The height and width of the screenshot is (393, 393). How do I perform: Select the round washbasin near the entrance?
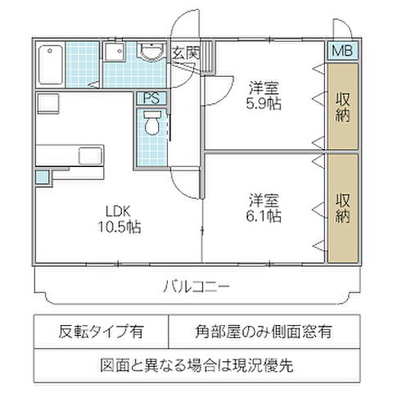(x=151, y=53)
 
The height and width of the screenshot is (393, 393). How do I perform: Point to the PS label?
(x=151, y=97)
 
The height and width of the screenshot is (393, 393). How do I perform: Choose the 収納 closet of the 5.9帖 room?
(x=342, y=106)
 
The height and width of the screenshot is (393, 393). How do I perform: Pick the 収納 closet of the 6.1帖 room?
(x=342, y=208)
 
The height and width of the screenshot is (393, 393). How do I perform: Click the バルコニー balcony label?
(x=196, y=287)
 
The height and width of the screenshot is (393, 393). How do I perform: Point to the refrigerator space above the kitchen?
(x=47, y=106)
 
